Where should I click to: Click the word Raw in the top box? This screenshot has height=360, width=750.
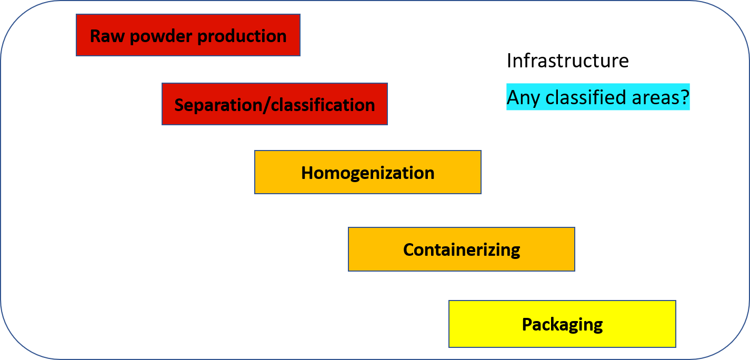107,36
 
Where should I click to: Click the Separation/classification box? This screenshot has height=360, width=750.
275,104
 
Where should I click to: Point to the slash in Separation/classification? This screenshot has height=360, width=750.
267,105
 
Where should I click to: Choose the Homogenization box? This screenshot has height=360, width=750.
368,172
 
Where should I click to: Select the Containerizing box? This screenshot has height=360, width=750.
462,249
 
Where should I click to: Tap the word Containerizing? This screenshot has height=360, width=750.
462,251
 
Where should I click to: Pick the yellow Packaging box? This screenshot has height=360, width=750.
562,324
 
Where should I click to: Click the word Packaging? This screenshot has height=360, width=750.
562,325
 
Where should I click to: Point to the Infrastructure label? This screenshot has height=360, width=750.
567,61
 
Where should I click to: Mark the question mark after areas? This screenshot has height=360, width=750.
682,97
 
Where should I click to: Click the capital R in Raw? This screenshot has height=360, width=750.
95,36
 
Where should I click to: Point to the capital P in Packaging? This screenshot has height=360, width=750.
527,324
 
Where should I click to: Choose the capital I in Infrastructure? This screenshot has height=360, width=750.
509,61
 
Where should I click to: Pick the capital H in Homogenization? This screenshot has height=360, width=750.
307,173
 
